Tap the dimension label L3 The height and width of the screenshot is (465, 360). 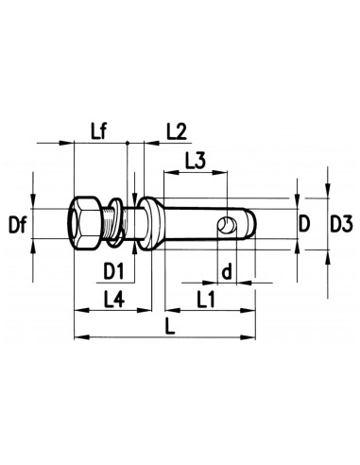196,161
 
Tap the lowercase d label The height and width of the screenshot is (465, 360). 227,271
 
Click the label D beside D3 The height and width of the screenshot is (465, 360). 304,224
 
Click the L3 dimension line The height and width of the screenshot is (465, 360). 197,173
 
